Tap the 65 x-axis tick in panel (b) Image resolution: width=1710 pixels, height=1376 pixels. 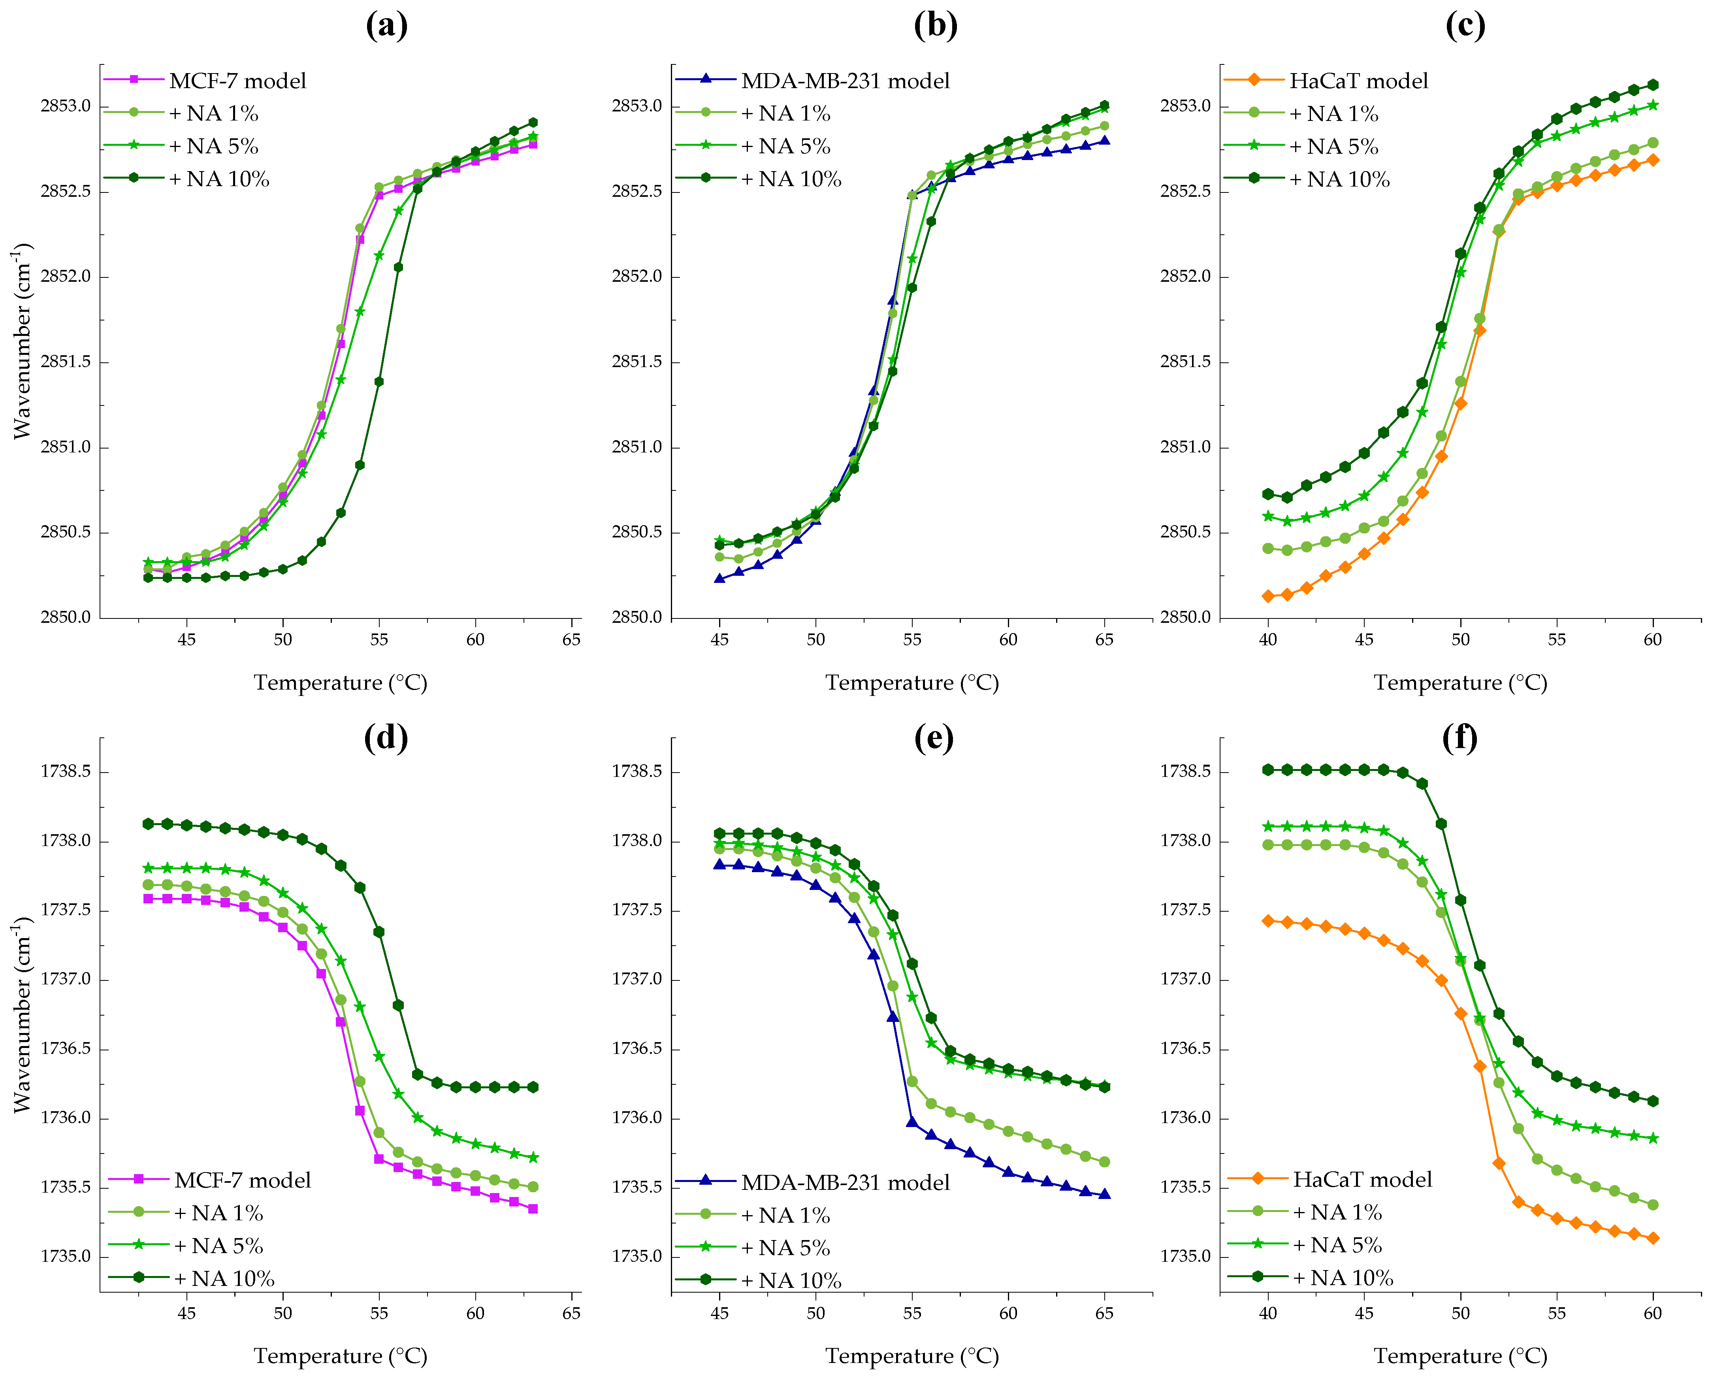coord(1104,639)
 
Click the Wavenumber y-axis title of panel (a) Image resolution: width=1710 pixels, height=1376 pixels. coord(22,341)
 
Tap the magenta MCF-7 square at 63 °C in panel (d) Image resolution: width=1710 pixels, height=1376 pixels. coord(533,1209)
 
